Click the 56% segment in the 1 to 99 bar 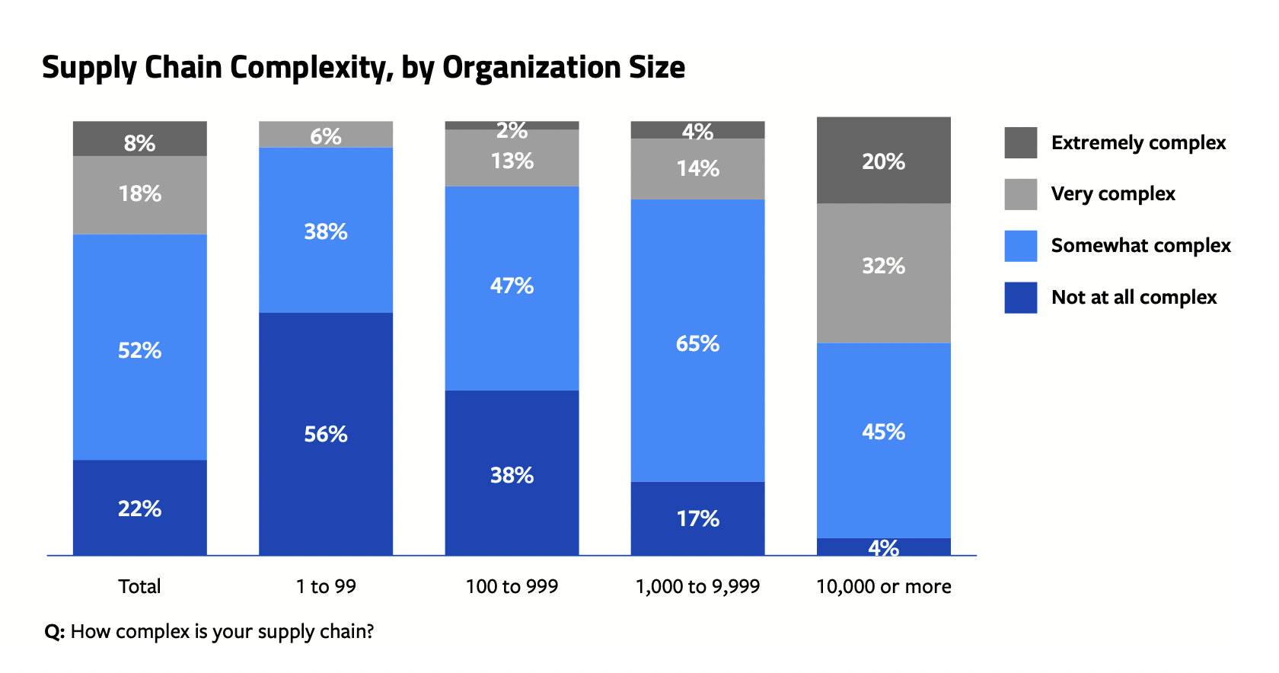click(326, 434)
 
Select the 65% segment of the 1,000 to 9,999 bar click(697, 343)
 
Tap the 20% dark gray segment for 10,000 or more click(883, 161)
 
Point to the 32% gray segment click(883, 266)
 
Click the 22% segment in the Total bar click(140, 508)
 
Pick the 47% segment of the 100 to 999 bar click(512, 286)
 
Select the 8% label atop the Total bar click(140, 143)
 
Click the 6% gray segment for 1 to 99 click(326, 136)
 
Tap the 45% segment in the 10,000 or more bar click(883, 432)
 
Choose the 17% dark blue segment click(697, 518)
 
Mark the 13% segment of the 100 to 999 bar click(512, 161)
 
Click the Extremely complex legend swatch click(1020, 142)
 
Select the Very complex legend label click(1112, 194)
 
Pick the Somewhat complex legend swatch click(1020, 246)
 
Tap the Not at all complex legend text click(1134, 298)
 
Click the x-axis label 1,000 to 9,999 click(697, 586)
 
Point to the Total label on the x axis click(140, 586)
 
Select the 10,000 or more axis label click(883, 586)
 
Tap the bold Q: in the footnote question click(54, 632)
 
